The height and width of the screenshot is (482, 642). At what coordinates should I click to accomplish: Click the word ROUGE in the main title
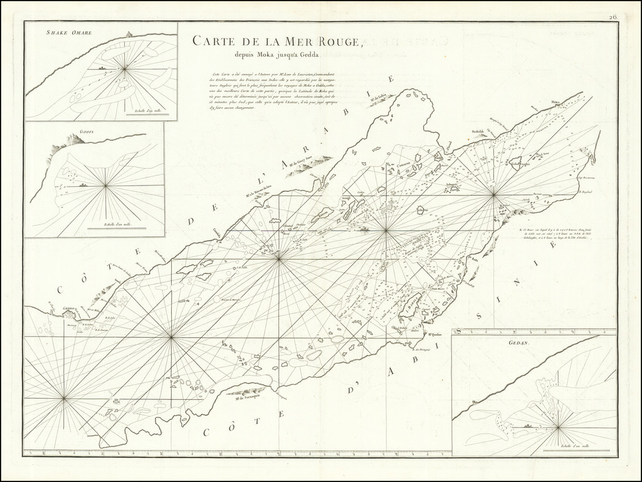[x=333, y=43]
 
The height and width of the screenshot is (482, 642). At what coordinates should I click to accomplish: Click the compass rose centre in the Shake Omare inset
[x=125, y=68]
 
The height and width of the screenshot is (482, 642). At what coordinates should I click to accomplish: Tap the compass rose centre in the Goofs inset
[x=105, y=185]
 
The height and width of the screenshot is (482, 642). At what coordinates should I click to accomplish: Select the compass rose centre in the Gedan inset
[x=555, y=427]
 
